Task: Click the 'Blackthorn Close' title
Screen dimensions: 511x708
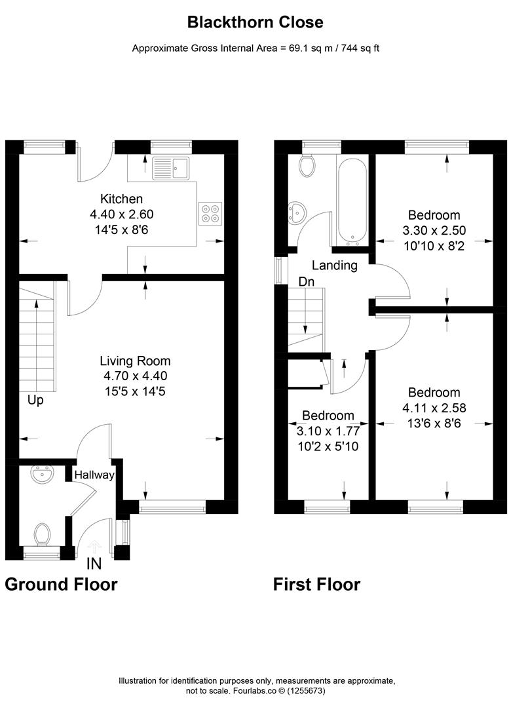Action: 255,22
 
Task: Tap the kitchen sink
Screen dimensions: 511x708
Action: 171,168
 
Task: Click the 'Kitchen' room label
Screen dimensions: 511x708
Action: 121,199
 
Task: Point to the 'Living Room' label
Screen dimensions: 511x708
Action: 136,361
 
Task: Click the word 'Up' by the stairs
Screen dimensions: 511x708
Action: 35,401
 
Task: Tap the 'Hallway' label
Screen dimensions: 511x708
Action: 94,475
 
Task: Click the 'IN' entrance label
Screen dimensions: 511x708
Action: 94,564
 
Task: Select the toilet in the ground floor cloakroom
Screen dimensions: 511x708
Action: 42,534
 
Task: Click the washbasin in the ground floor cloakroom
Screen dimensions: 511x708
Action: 42,475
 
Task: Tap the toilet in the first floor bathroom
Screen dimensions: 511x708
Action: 308,166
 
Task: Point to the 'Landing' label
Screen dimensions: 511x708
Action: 335,265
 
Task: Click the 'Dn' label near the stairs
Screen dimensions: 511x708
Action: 307,282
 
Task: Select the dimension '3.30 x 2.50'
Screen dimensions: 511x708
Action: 434,230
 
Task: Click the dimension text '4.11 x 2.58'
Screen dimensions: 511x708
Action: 434,408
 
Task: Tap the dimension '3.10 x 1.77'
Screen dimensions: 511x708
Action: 328,431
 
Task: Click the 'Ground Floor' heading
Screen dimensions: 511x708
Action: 62,584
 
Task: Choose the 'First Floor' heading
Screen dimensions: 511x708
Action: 317,584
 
